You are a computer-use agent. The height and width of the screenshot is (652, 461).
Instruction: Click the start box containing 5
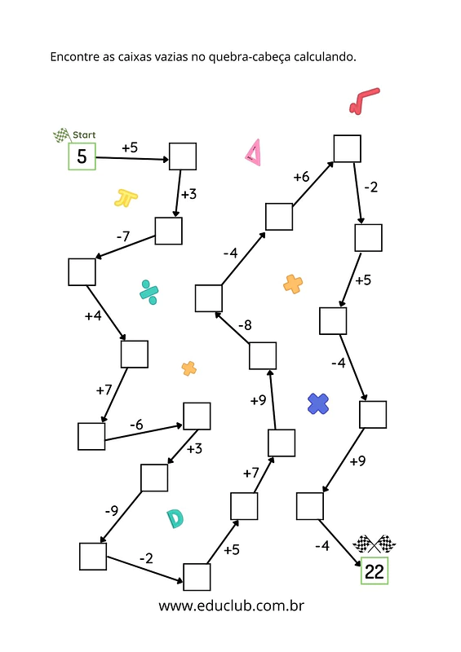82,156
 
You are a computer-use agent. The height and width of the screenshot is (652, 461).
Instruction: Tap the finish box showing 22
375,571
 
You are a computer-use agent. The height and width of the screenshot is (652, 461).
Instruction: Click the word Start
84,134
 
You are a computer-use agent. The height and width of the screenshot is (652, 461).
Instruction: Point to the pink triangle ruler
253,152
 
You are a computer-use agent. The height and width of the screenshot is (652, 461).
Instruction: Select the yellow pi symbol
126,198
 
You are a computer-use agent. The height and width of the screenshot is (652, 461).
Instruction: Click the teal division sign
149,293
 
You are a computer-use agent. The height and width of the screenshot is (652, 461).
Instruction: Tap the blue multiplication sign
318,403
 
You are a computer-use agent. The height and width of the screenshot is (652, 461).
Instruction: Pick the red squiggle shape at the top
364,100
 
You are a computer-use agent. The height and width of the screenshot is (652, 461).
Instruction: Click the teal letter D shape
175,518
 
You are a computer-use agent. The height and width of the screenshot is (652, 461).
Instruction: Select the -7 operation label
123,236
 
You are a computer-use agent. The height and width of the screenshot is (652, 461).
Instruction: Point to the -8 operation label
245,324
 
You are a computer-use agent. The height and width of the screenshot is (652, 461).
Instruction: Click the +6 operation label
301,177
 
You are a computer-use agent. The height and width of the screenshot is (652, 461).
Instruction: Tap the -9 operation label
112,510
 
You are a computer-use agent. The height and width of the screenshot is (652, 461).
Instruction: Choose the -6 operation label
136,425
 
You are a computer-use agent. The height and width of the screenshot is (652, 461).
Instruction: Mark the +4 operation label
93,316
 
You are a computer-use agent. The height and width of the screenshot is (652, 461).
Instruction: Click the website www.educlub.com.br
231,606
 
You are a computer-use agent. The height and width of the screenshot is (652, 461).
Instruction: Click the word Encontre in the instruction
74,56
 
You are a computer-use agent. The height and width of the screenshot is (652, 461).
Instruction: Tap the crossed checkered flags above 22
374,544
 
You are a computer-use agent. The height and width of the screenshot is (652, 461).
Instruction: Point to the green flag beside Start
62,135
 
